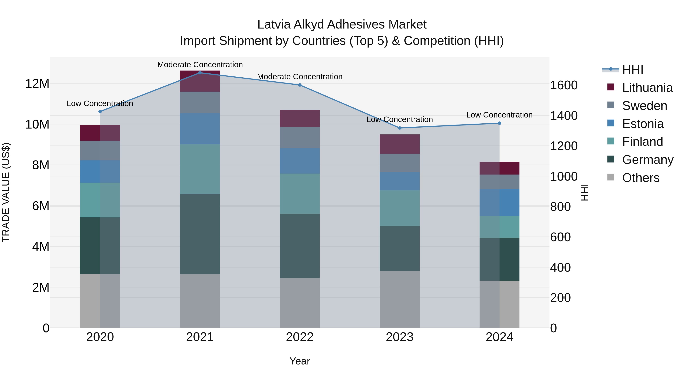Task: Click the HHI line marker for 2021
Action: (200, 73)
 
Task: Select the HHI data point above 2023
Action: (400, 128)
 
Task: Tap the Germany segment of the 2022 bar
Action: (300, 246)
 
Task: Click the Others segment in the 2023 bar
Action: (400, 299)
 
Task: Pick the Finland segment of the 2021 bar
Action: (200, 169)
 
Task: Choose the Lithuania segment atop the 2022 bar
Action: (300, 118)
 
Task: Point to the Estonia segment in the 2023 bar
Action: (400, 181)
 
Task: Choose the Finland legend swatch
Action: (611, 141)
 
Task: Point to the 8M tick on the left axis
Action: (40, 165)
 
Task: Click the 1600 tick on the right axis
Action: (564, 85)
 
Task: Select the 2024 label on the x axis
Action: (499, 337)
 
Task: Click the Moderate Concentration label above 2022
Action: (300, 76)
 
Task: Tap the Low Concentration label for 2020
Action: (100, 103)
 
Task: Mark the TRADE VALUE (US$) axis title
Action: (6, 192)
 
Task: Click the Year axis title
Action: (300, 361)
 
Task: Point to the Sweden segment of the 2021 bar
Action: (200, 102)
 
